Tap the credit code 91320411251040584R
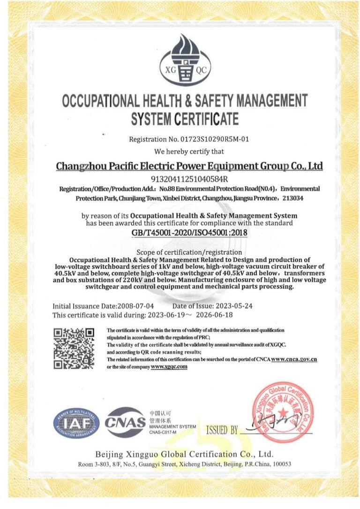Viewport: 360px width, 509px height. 189,179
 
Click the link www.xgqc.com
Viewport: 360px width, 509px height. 169,366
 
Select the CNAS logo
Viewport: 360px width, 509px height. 125,421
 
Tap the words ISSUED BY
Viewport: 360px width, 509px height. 223,430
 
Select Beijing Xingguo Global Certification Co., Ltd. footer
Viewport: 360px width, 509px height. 184,454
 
